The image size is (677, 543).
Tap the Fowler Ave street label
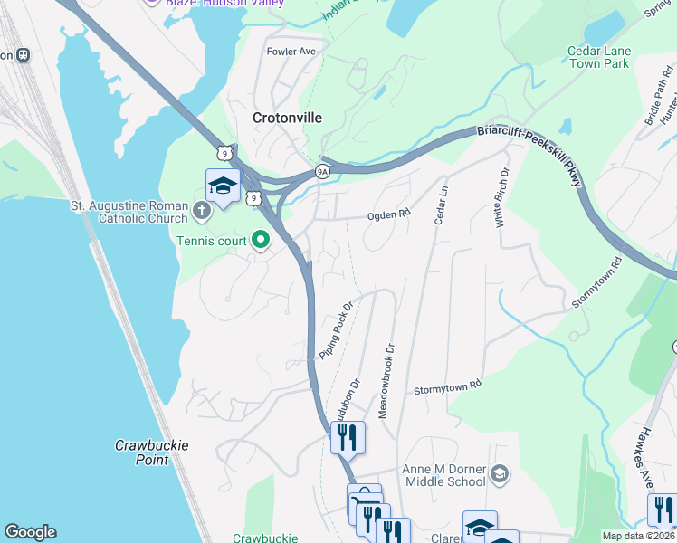tap(291, 52)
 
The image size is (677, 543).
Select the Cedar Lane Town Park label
tap(597, 58)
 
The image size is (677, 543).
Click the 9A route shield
tap(322, 170)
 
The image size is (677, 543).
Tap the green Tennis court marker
tap(261, 240)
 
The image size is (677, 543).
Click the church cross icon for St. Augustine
tap(201, 212)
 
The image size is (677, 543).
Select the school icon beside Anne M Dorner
tap(498, 474)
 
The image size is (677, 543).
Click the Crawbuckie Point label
tap(141, 452)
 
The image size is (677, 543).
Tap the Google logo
tap(30, 532)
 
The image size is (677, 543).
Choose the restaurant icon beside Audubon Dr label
tap(348, 438)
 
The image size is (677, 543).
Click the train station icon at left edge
tap(23, 54)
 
